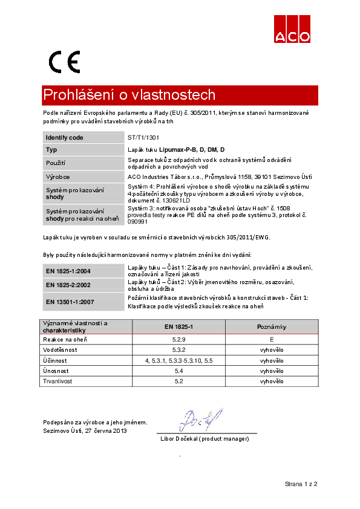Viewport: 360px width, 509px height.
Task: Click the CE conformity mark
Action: point(64,62)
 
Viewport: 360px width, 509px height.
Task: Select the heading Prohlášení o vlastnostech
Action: point(129,96)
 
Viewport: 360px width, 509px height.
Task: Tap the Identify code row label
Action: point(65,138)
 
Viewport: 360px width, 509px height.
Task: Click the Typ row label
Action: point(51,149)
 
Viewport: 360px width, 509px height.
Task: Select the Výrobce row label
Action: point(58,177)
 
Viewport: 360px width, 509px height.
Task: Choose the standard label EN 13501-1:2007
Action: point(70,300)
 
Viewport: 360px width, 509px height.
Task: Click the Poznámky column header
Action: point(272,327)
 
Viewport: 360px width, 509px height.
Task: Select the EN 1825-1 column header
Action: point(178,327)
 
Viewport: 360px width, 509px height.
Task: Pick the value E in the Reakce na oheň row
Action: point(272,340)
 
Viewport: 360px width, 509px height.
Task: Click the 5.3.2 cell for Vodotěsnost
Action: point(178,350)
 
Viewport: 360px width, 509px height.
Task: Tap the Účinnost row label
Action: point(55,360)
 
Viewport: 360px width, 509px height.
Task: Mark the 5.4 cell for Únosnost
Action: point(178,371)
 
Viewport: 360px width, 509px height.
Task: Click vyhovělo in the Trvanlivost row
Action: point(272,381)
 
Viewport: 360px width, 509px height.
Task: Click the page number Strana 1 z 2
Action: point(301,484)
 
